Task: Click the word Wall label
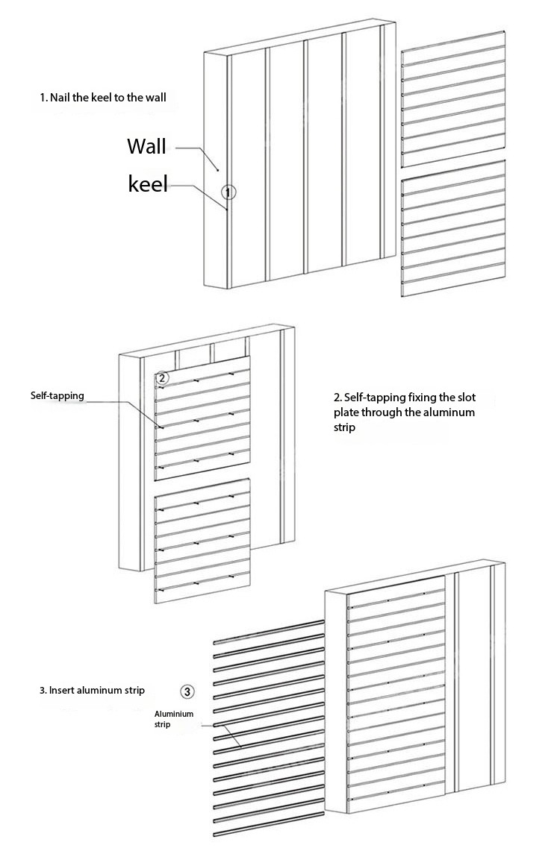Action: click(146, 145)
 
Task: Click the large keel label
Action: click(149, 183)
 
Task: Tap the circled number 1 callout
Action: click(229, 192)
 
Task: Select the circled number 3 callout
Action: click(187, 691)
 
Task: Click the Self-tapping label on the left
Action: click(57, 395)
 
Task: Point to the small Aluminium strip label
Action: click(173, 718)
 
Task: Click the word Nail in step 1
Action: click(60, 98)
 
